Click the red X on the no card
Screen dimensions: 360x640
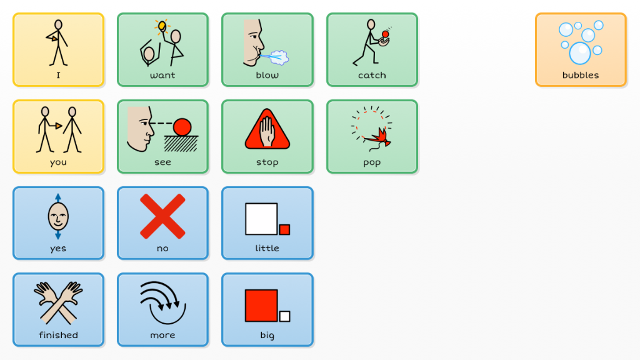point(162,216)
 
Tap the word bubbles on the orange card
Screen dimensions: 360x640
point(581,76)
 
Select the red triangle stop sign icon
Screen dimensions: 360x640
point(267,129)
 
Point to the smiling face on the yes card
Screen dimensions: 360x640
point(58,217)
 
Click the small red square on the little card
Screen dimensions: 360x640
point(284,229)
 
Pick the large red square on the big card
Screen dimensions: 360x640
point(261,305)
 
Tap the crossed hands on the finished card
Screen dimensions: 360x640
point(58,301)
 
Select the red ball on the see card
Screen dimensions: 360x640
point(182,127)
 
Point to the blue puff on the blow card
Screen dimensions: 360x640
point(279,59)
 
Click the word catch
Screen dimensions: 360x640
point(372,76)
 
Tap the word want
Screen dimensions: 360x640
point(162,76)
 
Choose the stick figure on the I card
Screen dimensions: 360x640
point(57,42)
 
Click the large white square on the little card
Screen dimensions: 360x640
point(261,219)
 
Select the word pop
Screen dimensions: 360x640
point(372,162)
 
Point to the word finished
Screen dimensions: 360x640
point(58,336)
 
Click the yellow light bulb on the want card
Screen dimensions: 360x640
point(162,26)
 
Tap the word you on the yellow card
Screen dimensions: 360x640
point(58,162)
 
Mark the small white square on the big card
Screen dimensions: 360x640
point(285,316)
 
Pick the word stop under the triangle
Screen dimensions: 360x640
point(267,162)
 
